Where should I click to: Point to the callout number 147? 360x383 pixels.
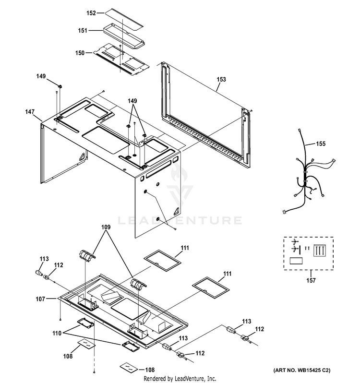pos(30,112)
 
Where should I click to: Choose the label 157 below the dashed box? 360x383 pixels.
pos(311,280)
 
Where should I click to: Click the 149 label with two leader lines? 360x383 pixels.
pos(132,101)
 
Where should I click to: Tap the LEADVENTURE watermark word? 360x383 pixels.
pos(180,220)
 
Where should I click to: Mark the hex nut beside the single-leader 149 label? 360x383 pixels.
pos(60,86)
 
